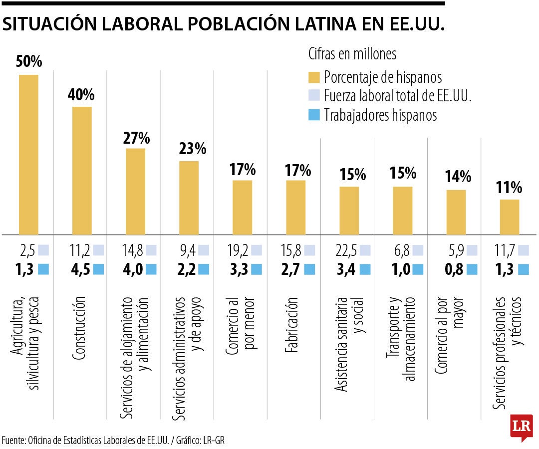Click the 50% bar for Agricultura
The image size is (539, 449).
[x=28, y=155]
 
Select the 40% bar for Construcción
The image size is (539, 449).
[x=82, y=170]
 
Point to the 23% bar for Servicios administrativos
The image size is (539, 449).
[x=189, y=198]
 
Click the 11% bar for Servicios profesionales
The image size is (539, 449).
[x=510, y=217]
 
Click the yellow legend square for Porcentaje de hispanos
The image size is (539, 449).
[x=314, y=77]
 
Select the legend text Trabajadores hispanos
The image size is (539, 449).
[x=380, y=115]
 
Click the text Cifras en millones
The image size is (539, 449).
[x=352, y=53]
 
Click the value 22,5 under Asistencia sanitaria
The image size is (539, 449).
[x=349, y=249]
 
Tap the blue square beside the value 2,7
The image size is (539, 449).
[x=310, y=269]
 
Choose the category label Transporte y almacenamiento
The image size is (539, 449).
[x=401, y=340]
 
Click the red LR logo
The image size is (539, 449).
[x=521, y=427]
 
